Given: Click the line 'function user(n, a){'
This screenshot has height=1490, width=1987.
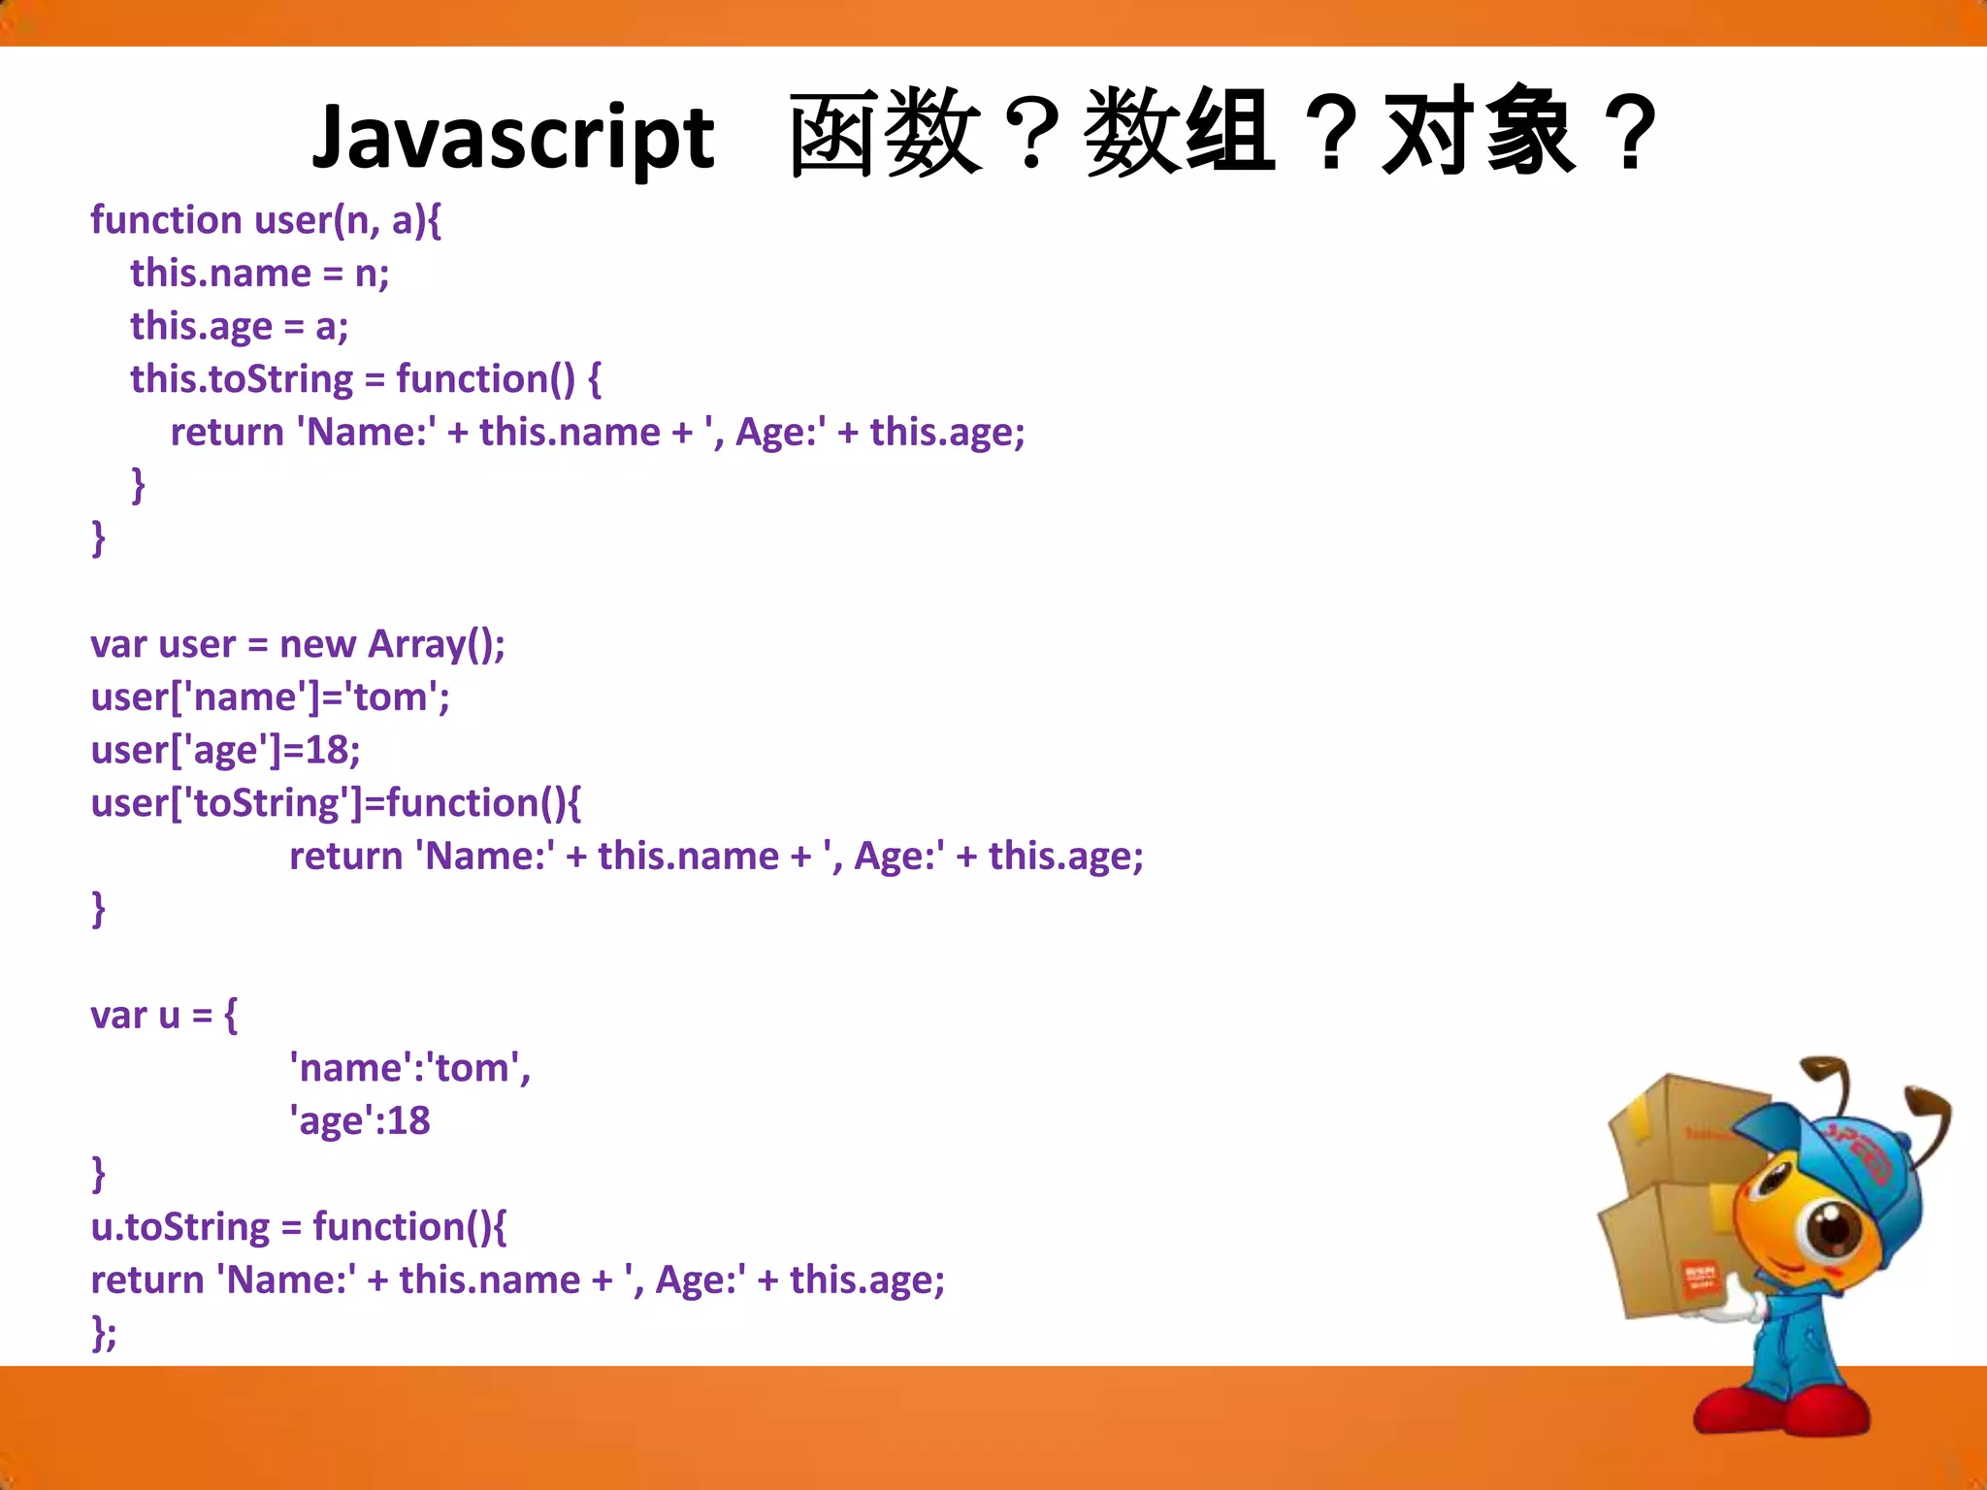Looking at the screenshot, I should coord(266,221).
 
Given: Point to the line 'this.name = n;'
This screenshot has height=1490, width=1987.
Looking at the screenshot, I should coord(260,274).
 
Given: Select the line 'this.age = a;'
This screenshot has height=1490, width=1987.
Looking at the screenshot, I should coord(239,327).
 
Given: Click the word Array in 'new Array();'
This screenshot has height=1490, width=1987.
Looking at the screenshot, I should coord(415,645).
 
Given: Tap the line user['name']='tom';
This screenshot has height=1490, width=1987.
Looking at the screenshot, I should coord(270,697).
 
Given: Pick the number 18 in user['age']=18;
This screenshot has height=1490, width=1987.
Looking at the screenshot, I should coord(327,750).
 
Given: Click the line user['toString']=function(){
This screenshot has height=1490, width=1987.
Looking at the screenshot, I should coord(336,803).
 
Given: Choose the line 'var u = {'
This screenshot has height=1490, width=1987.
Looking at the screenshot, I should coord(163,1016).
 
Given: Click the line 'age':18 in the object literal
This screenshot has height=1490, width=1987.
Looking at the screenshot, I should coord(360,1121).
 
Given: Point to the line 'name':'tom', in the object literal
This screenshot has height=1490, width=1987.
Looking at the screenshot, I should coord(409,1068).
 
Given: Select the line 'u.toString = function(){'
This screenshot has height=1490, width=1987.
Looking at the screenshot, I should coord(298,1227).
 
